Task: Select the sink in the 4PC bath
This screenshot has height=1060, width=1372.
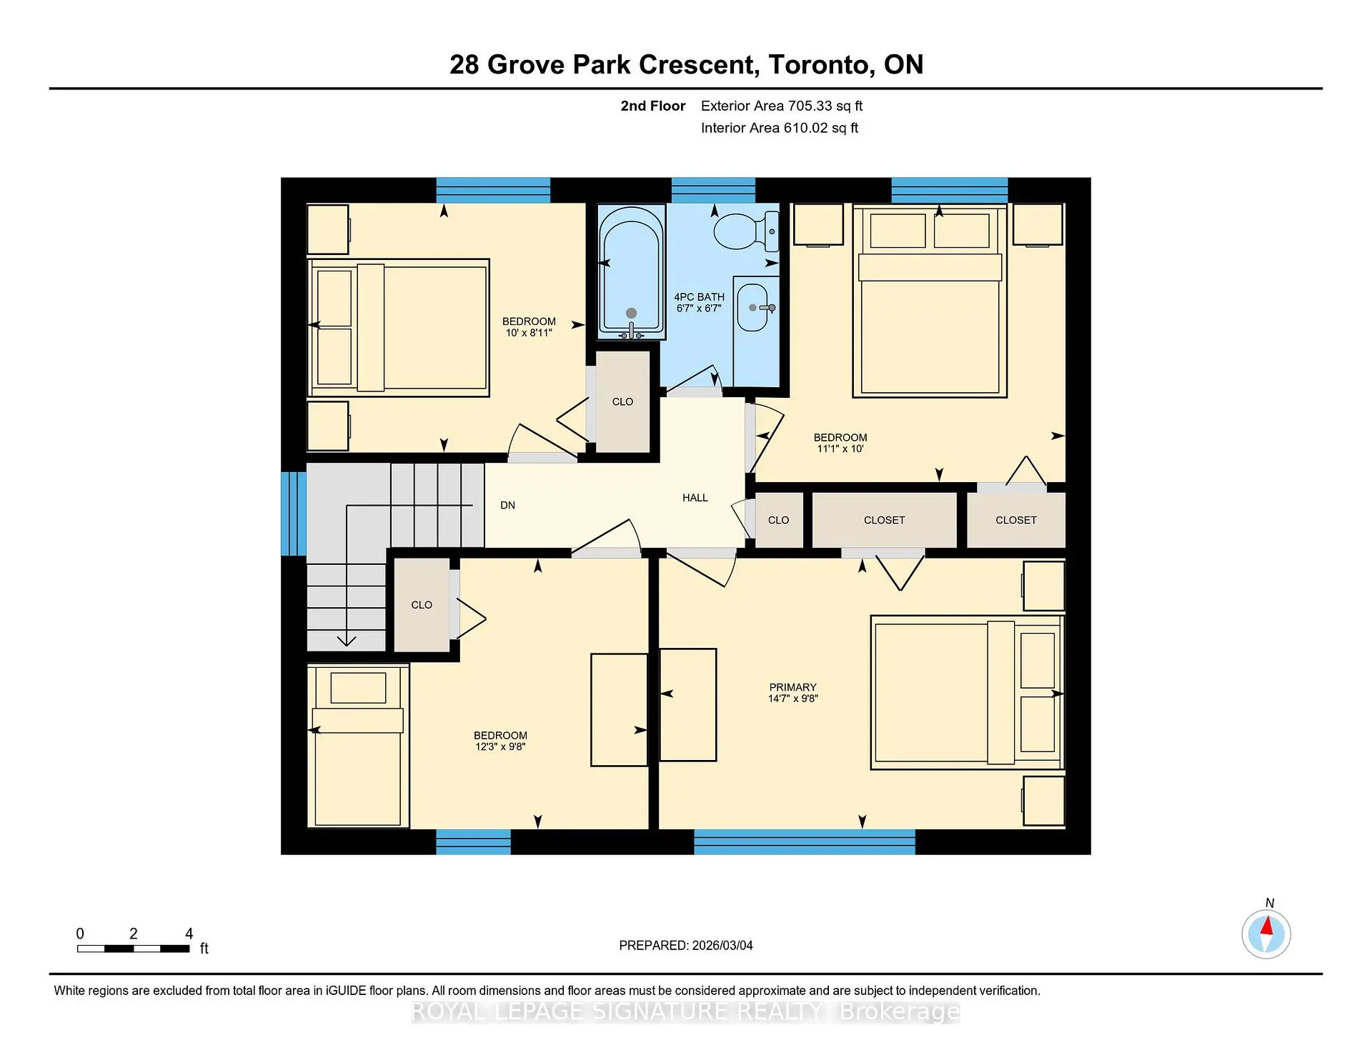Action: click(x=752, y=307)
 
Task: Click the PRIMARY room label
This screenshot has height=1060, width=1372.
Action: click(x=792, y=687)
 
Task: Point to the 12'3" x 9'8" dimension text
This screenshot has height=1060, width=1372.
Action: click(x=500, y=747)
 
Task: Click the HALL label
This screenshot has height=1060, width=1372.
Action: click(x=695, y=498)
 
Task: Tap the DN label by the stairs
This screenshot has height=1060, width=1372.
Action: click(x=507, y=506)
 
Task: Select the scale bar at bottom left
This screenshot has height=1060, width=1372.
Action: click(x=134, y=949)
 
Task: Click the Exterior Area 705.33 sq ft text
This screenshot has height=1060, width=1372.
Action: click(x=781, y=106)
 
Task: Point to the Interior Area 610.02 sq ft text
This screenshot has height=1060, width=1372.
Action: click(x=779, y=129)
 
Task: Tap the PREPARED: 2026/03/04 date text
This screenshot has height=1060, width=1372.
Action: click(x=685, y=946)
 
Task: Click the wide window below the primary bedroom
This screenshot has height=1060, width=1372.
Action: click(x=804, y=842)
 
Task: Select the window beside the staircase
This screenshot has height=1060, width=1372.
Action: click(x=293, y=513)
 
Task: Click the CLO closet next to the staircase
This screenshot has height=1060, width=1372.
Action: click(x=422, y=605)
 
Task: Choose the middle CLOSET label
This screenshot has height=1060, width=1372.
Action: click(x=884, y=521)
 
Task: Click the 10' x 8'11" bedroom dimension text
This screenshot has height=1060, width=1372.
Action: click(x=529, y=333)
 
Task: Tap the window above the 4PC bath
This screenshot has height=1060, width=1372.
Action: click(x=713, y=190)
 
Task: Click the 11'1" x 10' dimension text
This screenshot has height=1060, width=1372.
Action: click(x=840, y=449)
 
